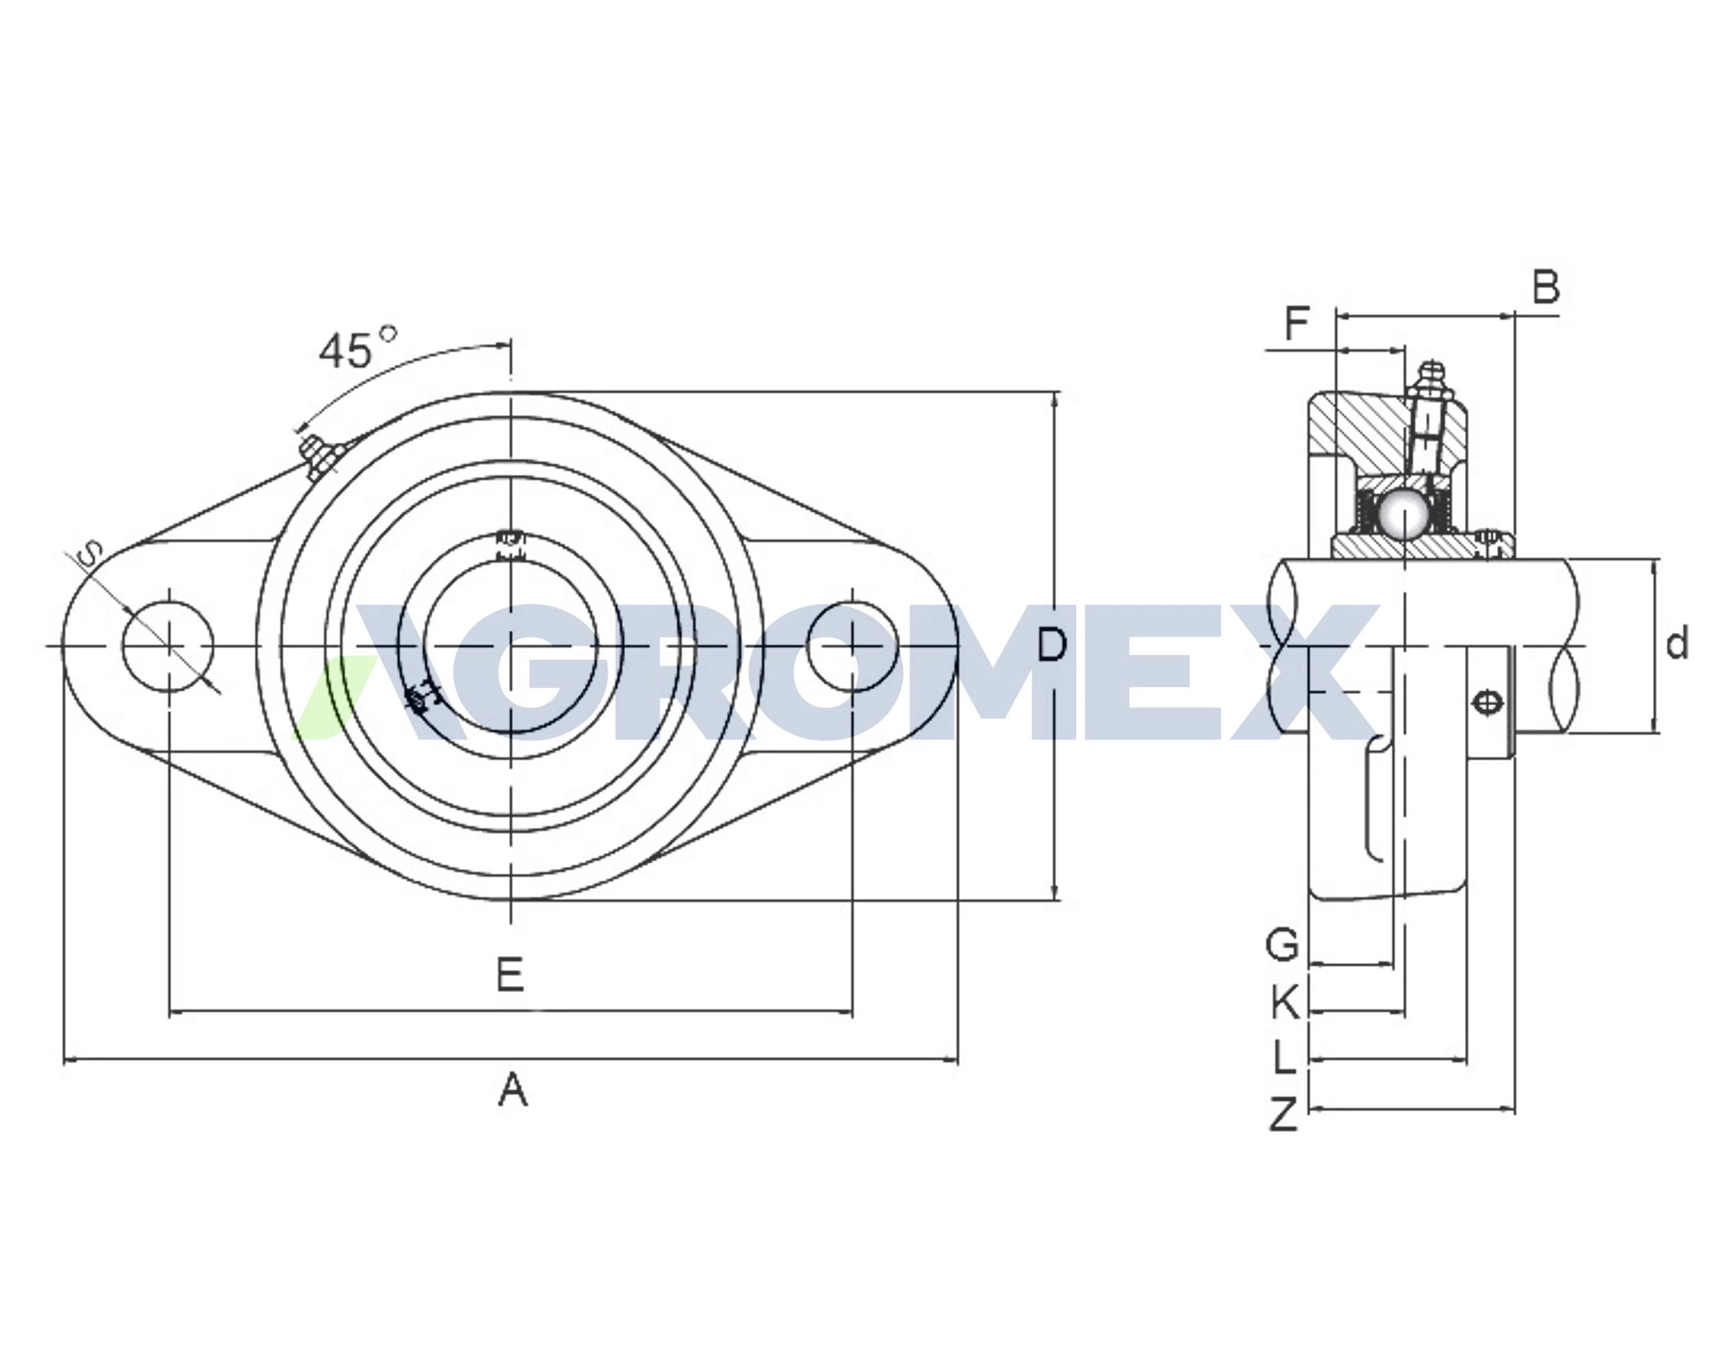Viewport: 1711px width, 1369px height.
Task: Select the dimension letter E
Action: click(510, 974)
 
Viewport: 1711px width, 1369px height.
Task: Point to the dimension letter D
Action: click(1052, 644)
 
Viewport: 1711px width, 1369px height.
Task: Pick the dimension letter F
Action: click(1297, 323)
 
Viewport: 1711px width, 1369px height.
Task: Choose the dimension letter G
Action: click(1282, 944)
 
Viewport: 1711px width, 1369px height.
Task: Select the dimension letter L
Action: click(1285, 1057)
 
